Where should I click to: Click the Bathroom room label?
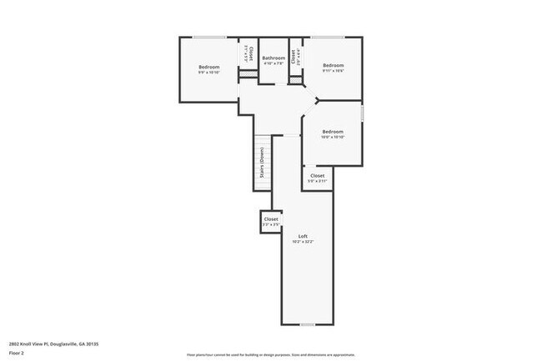click(274, 58)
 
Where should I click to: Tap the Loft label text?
click(304, 237)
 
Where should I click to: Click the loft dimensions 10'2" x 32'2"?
click(304, 243)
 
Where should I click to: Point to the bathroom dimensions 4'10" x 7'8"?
click(274, 63)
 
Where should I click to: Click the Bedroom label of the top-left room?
click(208, 67)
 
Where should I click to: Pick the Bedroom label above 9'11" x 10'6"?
click(334, 65)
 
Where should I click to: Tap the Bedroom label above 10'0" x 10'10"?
click(333, 131)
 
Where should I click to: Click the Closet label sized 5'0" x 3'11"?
click(318, 176)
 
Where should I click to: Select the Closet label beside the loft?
click(271, 219)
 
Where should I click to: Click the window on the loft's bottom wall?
click(307, 324)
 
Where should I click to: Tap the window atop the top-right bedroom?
click(334, 37)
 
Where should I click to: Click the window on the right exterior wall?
click(364, 111)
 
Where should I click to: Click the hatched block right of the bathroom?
click(295, 79)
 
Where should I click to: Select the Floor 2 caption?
click(16, 353)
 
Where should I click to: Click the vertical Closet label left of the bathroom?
click(252, 52)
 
